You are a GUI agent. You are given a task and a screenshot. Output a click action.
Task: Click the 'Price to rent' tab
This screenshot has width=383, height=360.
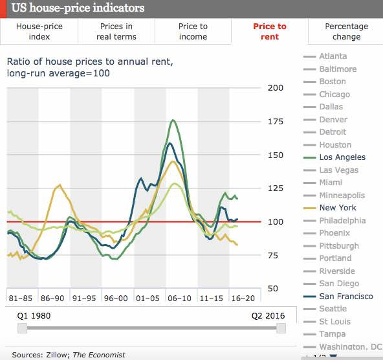point(269,32)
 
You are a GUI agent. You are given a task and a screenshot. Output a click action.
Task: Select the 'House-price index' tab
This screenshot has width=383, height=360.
point(39,32)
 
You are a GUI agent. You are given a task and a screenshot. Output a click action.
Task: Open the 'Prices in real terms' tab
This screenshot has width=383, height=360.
point(116,32)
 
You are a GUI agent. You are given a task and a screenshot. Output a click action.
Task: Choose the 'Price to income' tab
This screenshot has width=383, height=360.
point(193,32)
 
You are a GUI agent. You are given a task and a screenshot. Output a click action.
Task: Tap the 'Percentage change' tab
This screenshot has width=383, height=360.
point(346,32)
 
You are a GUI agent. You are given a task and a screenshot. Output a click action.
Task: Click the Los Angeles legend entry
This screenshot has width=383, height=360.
point(342,157)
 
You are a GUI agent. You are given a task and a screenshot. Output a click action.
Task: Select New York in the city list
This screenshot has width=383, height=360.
point(338,208)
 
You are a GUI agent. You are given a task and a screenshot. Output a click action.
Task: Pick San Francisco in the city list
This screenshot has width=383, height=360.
point(346,297)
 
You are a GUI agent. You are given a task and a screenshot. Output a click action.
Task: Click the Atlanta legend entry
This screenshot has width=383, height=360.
point(333,56)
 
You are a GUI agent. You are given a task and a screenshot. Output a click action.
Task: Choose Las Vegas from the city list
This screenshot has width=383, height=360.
point(339,170)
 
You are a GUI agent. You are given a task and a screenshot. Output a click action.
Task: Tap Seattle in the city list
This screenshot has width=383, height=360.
point(333,309)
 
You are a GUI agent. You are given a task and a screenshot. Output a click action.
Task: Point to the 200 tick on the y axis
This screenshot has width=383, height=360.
point(276,88)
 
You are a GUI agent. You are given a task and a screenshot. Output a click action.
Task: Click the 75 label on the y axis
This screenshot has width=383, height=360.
point(276,256)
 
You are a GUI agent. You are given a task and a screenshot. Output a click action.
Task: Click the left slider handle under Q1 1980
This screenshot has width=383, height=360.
point(23,329)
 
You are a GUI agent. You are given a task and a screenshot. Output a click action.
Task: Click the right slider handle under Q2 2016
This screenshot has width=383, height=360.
point(281,329)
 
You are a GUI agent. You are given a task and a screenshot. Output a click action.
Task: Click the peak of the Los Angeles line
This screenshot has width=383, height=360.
point(173,120)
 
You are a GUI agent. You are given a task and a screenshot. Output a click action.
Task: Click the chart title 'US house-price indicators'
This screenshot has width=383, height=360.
point(78,8)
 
